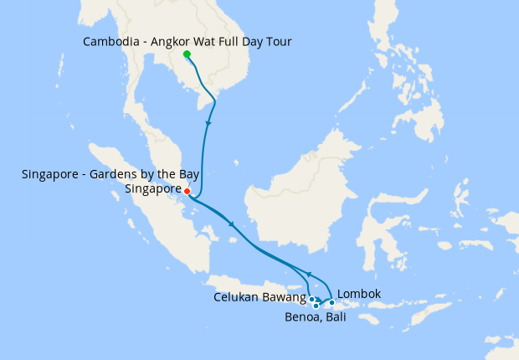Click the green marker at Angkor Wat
point(186,54)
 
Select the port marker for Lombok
point(331,302)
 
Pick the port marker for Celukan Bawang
point(311,299)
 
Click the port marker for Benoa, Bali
point(316,306)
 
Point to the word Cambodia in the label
point(110,41)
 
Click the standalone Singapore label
point(152,189)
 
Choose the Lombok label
point(358,294)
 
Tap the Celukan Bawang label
point(259,297)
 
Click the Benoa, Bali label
point(315,317)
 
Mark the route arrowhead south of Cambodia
point(207,123)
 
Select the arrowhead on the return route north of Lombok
point(309,274)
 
